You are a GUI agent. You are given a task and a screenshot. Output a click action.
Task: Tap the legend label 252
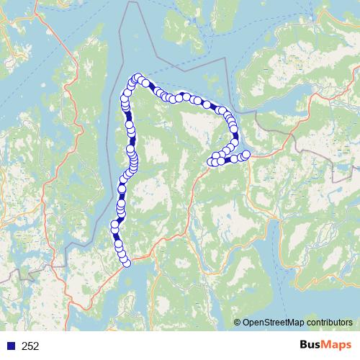[x=30, y=346]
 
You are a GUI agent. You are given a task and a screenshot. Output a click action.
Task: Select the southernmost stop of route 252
[x=127, y=263]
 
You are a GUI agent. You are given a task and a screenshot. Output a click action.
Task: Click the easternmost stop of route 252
[x=246, y=155]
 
